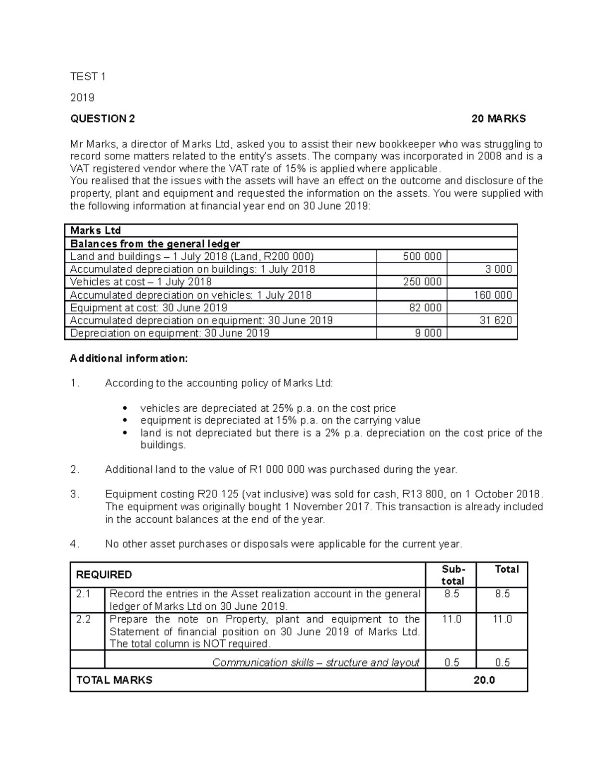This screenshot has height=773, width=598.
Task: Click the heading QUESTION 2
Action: point(102,118)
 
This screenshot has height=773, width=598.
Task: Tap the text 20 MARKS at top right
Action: point(498,118)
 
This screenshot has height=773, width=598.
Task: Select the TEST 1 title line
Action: point(88,76)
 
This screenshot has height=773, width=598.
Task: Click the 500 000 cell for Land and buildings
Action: point(422,256)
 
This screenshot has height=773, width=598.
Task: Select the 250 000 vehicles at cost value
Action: point(422,282)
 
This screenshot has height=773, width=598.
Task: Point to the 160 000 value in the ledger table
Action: point(492,295)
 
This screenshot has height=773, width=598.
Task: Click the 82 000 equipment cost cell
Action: point(425,308)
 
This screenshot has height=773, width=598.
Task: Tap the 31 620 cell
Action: point(495,320)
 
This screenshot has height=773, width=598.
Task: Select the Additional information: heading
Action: point(129,358)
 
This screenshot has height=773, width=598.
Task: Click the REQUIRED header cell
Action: point(104,575)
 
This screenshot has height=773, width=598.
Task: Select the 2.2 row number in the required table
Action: point(83,619)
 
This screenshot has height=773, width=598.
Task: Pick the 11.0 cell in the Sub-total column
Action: point(451,619)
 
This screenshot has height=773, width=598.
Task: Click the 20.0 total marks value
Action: point(484,680)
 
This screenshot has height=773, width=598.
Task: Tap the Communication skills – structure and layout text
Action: point(315,662)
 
